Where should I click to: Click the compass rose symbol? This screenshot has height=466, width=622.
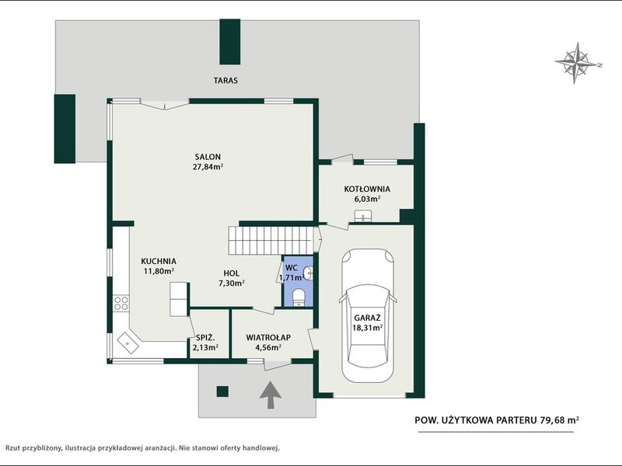(x=578, y=64)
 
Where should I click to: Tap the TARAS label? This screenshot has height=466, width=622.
(x=225, y=81)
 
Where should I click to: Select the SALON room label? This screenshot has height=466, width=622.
(x=208, y=157)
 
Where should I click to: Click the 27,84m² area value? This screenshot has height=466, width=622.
(x=208, y=167)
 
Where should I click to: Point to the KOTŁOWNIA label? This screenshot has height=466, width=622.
(x=367, y=189)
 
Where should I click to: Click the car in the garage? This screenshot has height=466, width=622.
(x=368, y=315)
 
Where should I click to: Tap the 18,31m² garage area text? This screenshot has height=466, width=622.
(x=367, y=328)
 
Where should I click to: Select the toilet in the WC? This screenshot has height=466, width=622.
(x=299, y=297)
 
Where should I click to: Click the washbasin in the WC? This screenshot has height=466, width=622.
(x=308, y=273)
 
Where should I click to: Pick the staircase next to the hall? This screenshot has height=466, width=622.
(x=270, y=241)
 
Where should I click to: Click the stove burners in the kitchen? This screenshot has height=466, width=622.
(x=121, y=303)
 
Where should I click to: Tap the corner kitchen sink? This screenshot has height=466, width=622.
(x=128, y=342)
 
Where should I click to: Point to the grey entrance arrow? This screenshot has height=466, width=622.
(x=271, y=395)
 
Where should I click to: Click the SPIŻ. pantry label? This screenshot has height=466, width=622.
(x=205, y=338)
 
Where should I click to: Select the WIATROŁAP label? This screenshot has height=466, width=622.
(x=268, y=338)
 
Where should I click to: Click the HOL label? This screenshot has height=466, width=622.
(x=231, y=273)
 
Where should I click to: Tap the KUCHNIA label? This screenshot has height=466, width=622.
(x=159, y=262)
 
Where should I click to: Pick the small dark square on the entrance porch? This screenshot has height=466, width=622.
(x=222, y=391)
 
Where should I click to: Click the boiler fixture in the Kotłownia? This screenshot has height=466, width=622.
(x=363, y=216)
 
